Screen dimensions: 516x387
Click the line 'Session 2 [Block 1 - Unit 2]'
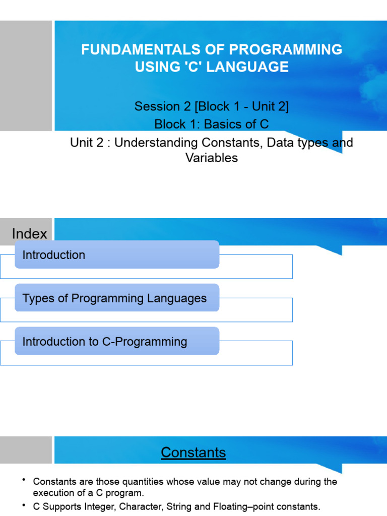212,107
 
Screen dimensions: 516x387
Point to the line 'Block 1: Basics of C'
212,124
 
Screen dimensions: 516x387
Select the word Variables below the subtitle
212,158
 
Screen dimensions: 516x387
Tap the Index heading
29,234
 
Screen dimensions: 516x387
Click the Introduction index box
117,254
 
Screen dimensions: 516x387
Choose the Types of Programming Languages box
117,298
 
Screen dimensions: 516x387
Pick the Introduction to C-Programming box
117,341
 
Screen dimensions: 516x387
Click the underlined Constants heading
193,453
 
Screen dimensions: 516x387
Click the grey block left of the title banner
26,76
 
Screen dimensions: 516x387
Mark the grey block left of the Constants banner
26,449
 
